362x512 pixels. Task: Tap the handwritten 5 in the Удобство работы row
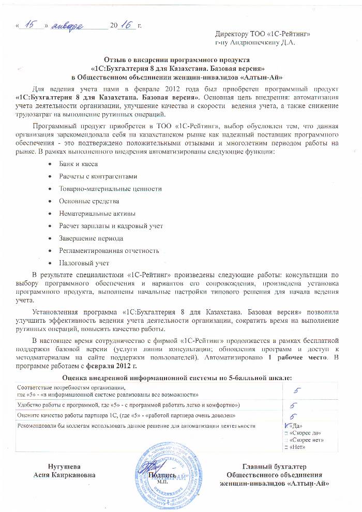click(293, 405)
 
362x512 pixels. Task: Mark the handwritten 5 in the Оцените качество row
click(293, 416)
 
